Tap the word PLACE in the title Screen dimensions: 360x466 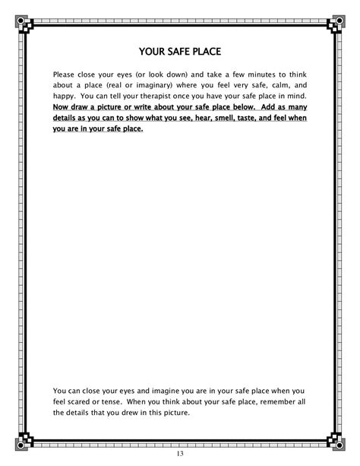(207, 52)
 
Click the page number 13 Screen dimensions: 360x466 (179, 454)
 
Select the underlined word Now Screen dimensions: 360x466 (62, 108)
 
